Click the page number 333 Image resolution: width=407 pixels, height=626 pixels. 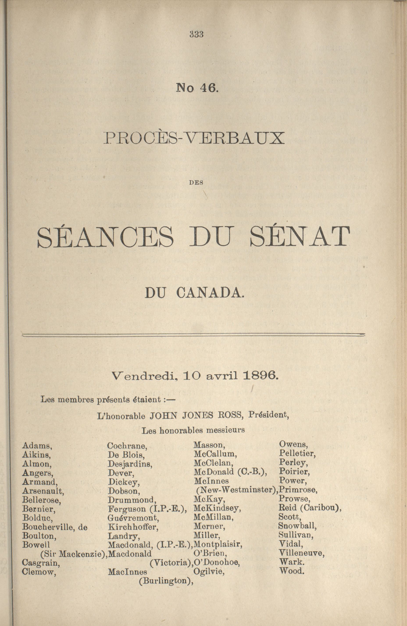point(197,34)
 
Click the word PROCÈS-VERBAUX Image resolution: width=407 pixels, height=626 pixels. point(194,139)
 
